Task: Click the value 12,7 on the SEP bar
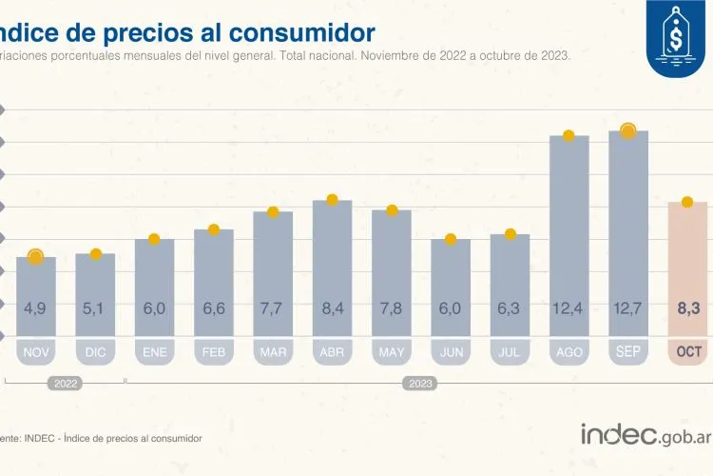[x=628, y=308]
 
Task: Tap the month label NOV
[x=36, y=352]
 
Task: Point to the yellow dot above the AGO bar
[x=568, y=135]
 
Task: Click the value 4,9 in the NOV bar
[x=36, y=308]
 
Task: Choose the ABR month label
[x=332, y=352]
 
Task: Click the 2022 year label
[x=65, y=384]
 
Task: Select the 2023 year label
[x=419, y=384]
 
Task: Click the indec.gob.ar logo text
[x=646, y=434]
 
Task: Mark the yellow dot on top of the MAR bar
[x=273, y=211]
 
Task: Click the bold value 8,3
[x=687, y=308]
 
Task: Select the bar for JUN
[x=451, y=286]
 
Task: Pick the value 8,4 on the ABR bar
[x=332, y=308]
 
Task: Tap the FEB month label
[x=214, y=352]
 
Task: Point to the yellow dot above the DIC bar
[x=95, y=253]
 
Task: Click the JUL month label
[x=510, y=352]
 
